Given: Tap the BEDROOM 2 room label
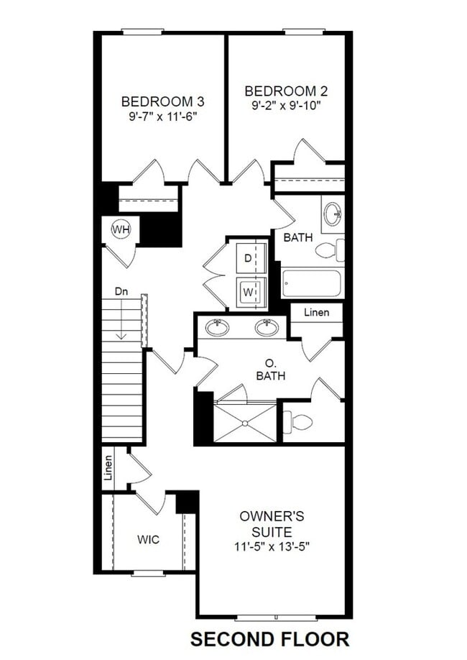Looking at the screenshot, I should [286, 91].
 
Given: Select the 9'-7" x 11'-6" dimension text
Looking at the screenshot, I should [158, 114].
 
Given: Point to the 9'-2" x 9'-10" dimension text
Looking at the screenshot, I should [286, 105].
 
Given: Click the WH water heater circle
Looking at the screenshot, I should [121, 229].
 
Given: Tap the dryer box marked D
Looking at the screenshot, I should [248, 258].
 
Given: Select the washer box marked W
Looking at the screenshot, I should [248, 292].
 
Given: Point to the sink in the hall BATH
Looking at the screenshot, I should [332, 214].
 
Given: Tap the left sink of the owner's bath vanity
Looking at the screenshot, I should [218, 328].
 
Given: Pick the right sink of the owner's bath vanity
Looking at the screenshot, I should [266, 328].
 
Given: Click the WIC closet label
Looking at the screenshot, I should [148, 540].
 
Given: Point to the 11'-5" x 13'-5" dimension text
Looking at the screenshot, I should [273, 546].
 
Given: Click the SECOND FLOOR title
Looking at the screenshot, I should [269, 638].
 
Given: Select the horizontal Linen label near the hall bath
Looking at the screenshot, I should [316, 312].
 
